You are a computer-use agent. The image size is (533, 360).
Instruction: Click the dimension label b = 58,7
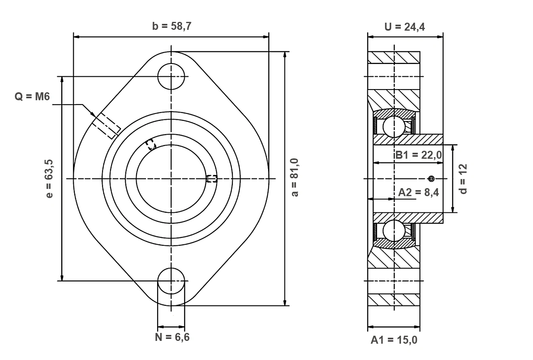click(x=171, y=26)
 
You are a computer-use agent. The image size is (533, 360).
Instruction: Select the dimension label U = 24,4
click(x=405, y=27)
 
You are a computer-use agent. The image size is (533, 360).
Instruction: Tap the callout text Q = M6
click(x=32, y=97)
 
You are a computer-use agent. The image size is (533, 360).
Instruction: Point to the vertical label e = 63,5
click(x=49, y=179)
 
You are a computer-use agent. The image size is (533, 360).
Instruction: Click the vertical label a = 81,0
click(x=295, y=177)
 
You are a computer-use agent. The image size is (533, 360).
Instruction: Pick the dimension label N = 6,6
click(x=172, y=337)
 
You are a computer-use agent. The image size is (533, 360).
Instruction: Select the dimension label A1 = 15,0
click(x=394, y=340)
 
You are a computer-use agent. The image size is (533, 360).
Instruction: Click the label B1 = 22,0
click(x=418, y=155)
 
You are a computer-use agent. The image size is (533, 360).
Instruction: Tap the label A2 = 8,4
click(x=418, y=192)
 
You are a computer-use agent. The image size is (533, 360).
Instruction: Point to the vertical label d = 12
click(x=463, y=179)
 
